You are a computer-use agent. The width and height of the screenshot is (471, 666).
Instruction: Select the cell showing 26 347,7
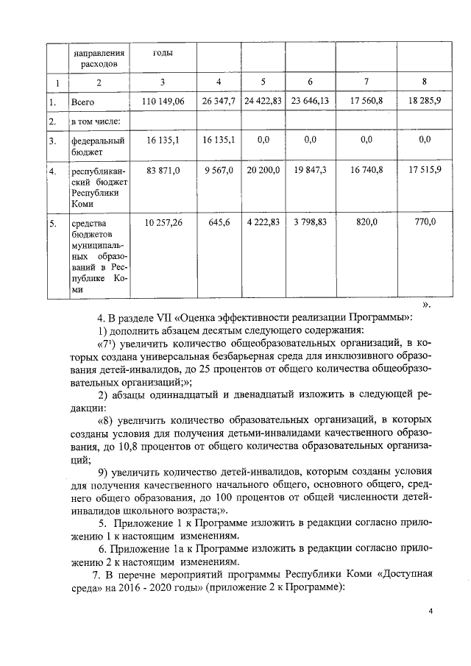(x=219, y=102)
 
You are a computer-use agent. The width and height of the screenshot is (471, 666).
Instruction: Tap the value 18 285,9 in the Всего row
(x=425, y=102)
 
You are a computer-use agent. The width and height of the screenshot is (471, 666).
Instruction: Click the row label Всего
(x=83, y=102)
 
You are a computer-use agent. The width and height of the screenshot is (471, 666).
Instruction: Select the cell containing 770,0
(x=425, y=222)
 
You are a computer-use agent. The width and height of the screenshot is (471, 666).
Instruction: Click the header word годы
(x=163, y=54)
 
